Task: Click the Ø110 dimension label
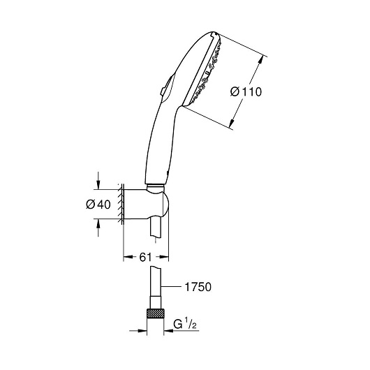click(x=246, y=91)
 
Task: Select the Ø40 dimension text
click(x=98, y=205)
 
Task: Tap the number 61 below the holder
click(x=145, y=257)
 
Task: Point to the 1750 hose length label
click(x=198, y=287)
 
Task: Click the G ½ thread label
click(x=185, y=325)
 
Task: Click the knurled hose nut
click(x=155, y=313)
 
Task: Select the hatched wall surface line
click(x=121, y=205)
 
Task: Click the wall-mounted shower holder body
click(x=147, y=205)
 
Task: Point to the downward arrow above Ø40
click(x=98, y=181)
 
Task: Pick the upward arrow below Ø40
click(x=98, y=228)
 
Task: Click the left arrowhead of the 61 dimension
click(x=128, y=257)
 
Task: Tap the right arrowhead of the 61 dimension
click(x=164, y=257)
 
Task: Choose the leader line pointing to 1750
click(x=171, y=287)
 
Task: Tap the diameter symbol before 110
click(x=235, y=91)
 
